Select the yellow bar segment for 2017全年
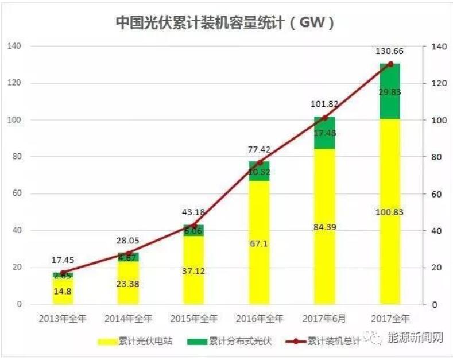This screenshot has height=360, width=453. pyautogui.click(x=390, y=241)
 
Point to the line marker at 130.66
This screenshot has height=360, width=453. pyautogui.click(x=390, y=64)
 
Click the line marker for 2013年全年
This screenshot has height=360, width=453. pyautogui.click(x=63, y=272)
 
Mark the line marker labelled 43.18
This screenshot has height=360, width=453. pyautogui.click(x=194, y=225)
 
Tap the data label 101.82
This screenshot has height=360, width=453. pyautogui.click(x=325, y=104)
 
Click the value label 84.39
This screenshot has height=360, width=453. pyautogui.click(x=325, y=227)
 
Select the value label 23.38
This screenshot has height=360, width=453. pyautogui.click(x=129, y=284)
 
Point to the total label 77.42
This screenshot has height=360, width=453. pyautogui.click(x=260, y=149)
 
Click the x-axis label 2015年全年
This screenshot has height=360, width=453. pyautogui.click(x=194, y=318)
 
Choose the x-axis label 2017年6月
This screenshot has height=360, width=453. pyautogui.click(x=325, y=318)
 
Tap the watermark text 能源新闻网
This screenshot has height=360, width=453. pyautogui.click(x=416, y=338)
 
